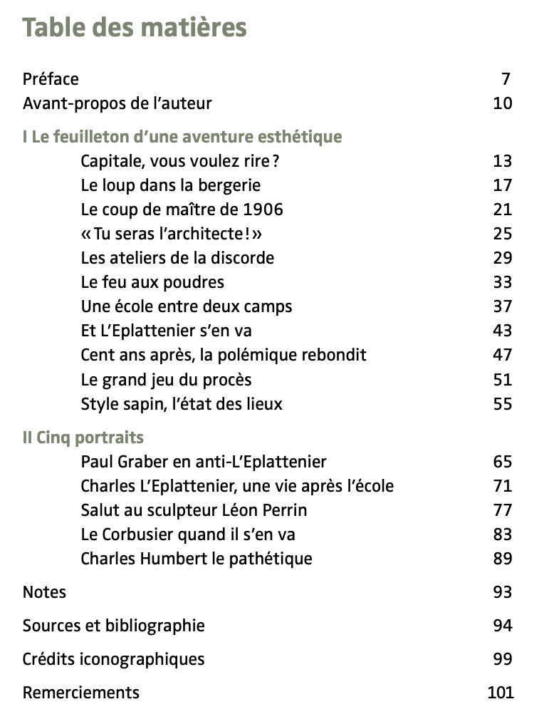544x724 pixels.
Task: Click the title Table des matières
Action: tap(135, 28)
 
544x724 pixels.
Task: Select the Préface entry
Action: tap(51, 79)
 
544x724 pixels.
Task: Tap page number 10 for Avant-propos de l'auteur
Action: tap(502, 103)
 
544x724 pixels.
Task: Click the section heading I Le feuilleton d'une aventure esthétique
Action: tap(182, 137)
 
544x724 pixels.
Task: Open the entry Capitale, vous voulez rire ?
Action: tap(180, 161)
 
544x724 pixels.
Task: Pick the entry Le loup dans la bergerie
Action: tap(171, 185)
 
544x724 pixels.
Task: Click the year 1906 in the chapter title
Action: tap(263, 210)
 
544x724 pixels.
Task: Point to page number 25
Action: tap(502, 234)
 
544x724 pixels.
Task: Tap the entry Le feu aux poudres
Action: tap(152, 282)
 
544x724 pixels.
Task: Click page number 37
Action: tap(502, 306)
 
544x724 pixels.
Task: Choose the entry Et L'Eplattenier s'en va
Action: tap(167, 331)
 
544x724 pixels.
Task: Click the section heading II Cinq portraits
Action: tap(83, 438)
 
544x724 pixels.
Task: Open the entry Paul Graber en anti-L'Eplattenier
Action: tap(204, 462)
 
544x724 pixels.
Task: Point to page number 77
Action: tap(502, 510)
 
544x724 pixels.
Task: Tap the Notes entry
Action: tap(44, 592)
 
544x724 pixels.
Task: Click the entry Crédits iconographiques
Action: tap(114, 659)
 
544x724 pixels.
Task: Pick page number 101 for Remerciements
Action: tap(501, 693)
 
